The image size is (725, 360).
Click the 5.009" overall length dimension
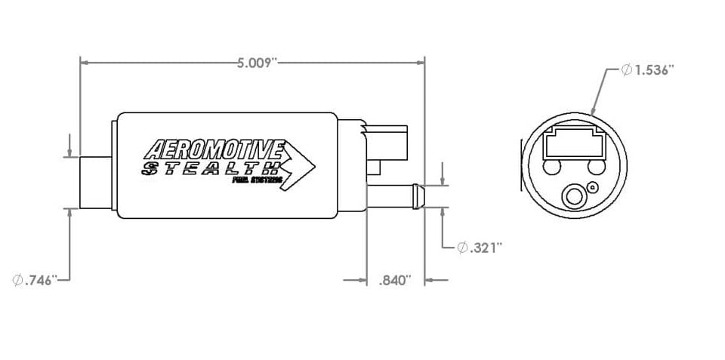pyautogui.click(x=253, y=63)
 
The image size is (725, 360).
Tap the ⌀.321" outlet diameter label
pyautogui.click(x=480, y=248)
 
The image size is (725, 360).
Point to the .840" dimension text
pyautogui.click(x=393, y=281)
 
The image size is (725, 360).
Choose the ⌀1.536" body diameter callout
pyautogui.click(x=647, y=70)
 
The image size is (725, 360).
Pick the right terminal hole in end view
pyautogui.click(x=597, y=167)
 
